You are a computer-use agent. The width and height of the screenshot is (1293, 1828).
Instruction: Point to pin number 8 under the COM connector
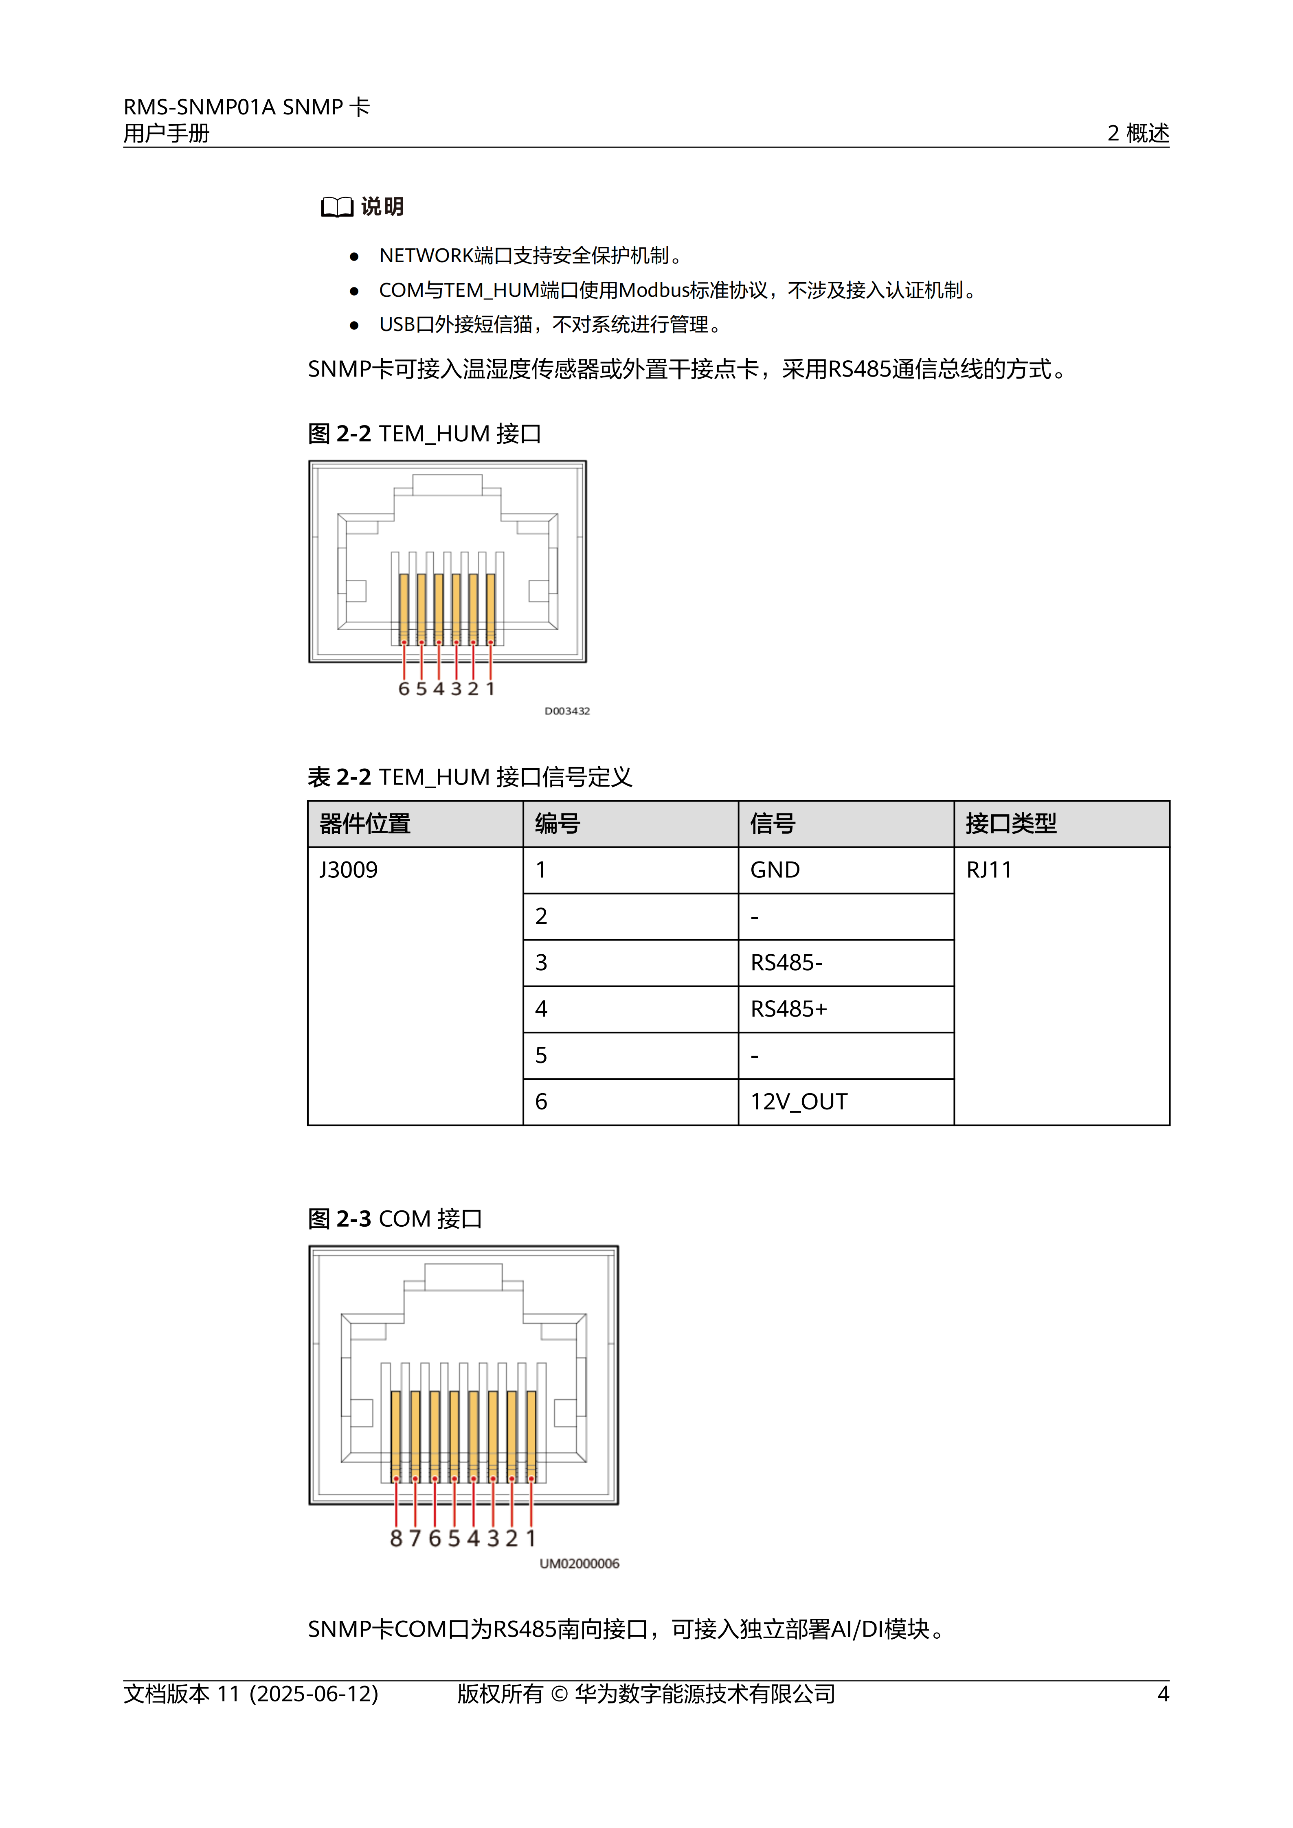pos(396,1539)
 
